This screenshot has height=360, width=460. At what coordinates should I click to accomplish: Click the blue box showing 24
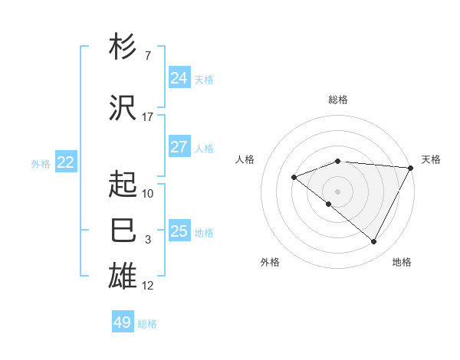point(179,77)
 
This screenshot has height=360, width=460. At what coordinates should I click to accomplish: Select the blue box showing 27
point(179,147)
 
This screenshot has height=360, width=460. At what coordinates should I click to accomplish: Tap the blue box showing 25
point(179,231)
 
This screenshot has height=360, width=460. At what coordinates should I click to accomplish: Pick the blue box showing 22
point(66,162)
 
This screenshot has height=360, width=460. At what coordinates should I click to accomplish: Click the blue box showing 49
point(123,322)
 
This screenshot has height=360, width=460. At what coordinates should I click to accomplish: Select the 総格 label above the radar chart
point(338,100)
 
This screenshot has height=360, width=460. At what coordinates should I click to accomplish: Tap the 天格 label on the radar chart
point(431,159)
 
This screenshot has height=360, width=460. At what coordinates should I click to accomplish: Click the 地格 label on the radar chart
point(402,262)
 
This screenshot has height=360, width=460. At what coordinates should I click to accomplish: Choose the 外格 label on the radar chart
point(270,262)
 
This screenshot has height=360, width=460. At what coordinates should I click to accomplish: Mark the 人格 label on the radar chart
point(245,159)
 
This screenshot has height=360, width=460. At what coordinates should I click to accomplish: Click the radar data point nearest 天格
point(411,168)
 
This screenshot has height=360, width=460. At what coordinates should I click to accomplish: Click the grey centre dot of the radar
point(337,191)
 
